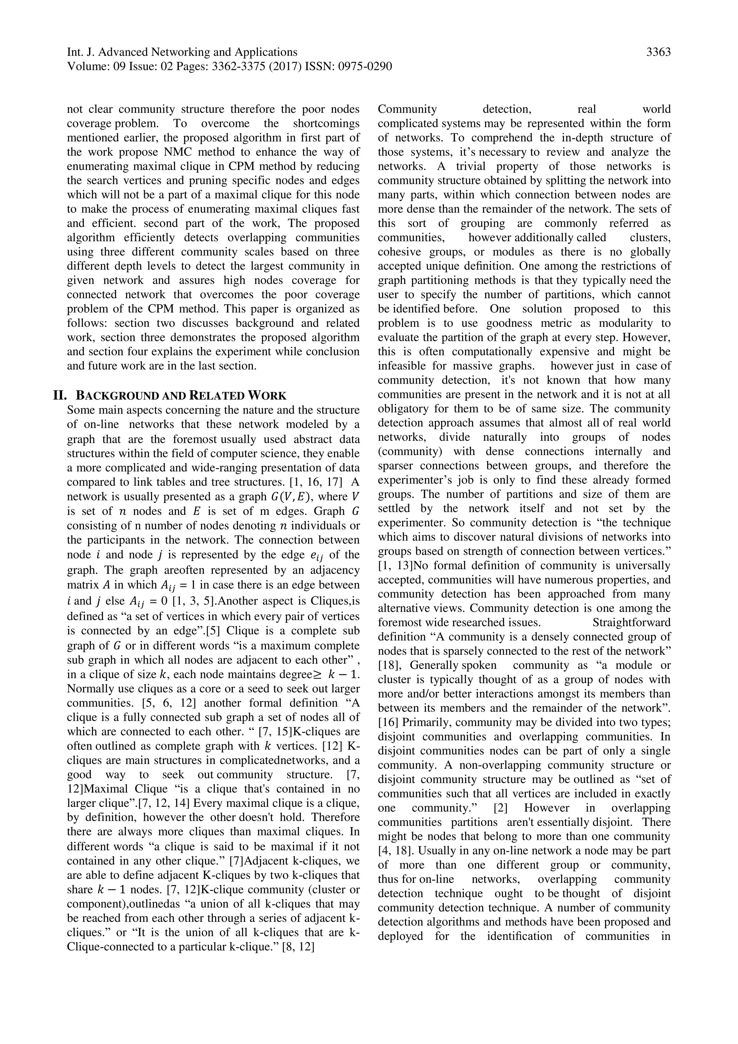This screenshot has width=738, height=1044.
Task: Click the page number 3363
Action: point(658,53)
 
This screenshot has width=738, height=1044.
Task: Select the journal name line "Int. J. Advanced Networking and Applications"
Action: point(182,53)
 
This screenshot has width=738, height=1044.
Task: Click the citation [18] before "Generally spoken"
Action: point(389,665)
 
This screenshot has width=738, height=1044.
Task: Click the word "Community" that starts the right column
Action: point(407,109)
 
